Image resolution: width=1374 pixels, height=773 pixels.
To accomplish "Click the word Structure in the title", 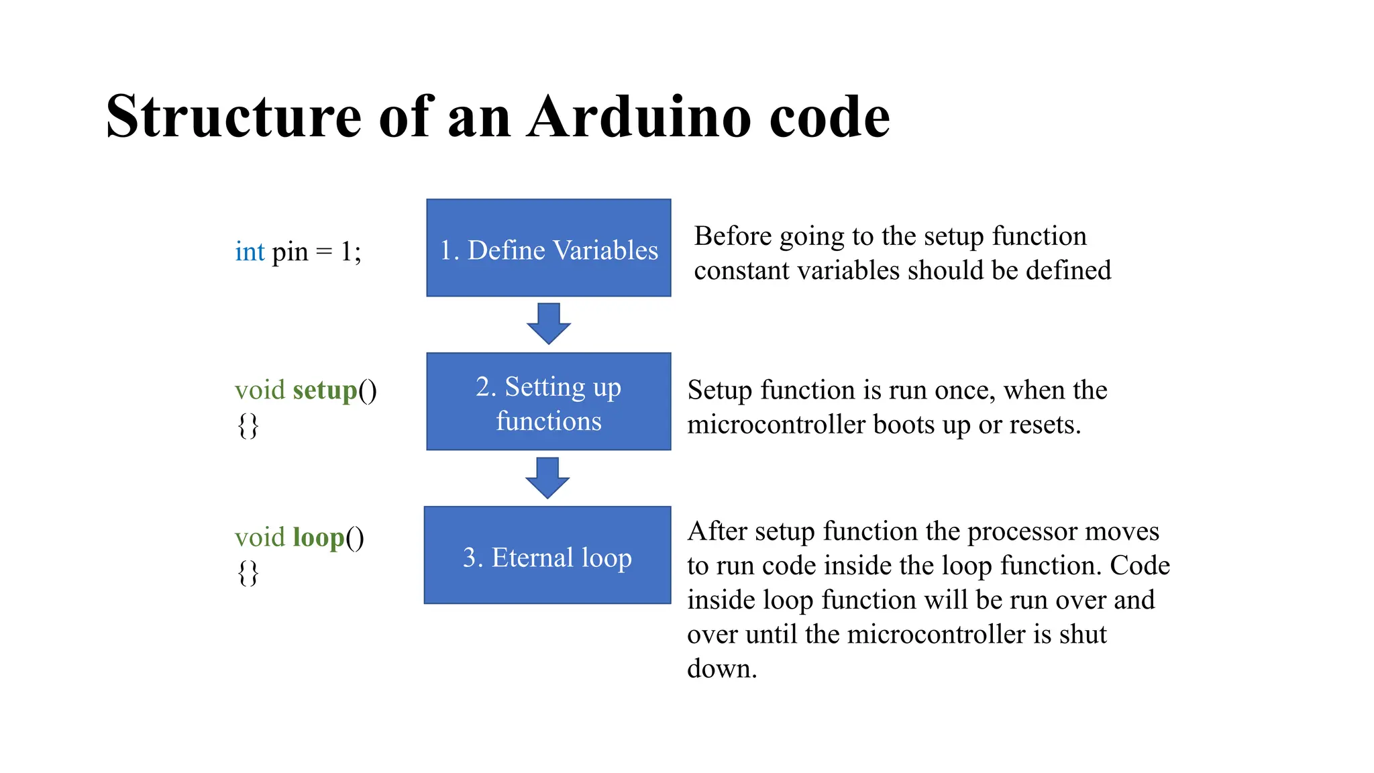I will pyautogui.click(x=233, y=117).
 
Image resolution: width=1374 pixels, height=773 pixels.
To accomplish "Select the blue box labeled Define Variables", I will pyautogui.click(x=549, y=248).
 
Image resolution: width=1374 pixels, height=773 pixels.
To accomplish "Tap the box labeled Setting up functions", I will pyautogui.click(x=549, y=402).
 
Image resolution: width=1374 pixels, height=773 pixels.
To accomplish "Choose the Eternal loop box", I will pyautogui.click(x=547, y=556).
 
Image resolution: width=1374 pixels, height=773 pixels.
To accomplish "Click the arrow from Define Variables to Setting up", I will pyautogui.click(x=549, y=324).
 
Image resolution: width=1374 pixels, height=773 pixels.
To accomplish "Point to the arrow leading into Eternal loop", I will pyautogui.click(x=547, y=478).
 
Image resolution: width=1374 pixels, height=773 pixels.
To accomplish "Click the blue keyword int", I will pyautogui.click(x=250, y=252).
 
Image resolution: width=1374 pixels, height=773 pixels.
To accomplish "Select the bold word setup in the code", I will pyautogui.click(x=325, y=391).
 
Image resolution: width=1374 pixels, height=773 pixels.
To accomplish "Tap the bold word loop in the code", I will pyautogui.click(x=319, y=538).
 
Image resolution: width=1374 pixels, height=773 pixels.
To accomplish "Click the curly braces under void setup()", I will pyautogui.click(x=248, y=425).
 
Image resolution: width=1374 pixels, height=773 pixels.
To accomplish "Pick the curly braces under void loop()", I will pyautogui.click(x=248, y=573).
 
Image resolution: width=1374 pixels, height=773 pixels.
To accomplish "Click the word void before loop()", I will pyautogui.click(x=260, y=538).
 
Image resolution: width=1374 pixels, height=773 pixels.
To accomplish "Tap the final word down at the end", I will pyautogui.click(x=721, y=669).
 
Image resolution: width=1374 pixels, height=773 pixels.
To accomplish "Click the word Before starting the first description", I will pyautogui.click(x=733, y=237).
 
